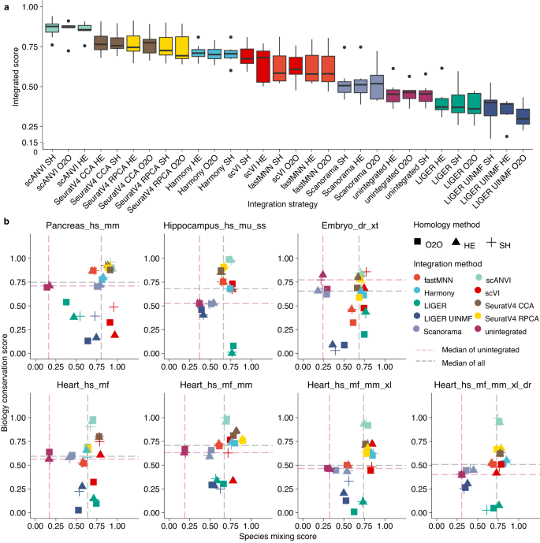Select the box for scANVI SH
point(52,28)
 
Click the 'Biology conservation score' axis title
point(7,377)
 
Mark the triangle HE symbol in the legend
point(457,244)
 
